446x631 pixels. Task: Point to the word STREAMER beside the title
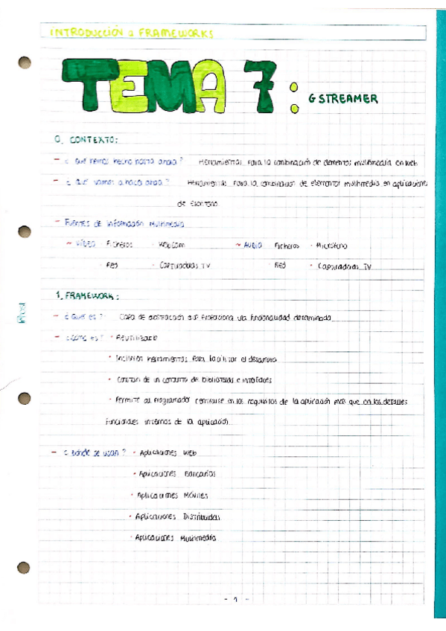[x=348, y=99]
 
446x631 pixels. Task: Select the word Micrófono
[x=331, y=245]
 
